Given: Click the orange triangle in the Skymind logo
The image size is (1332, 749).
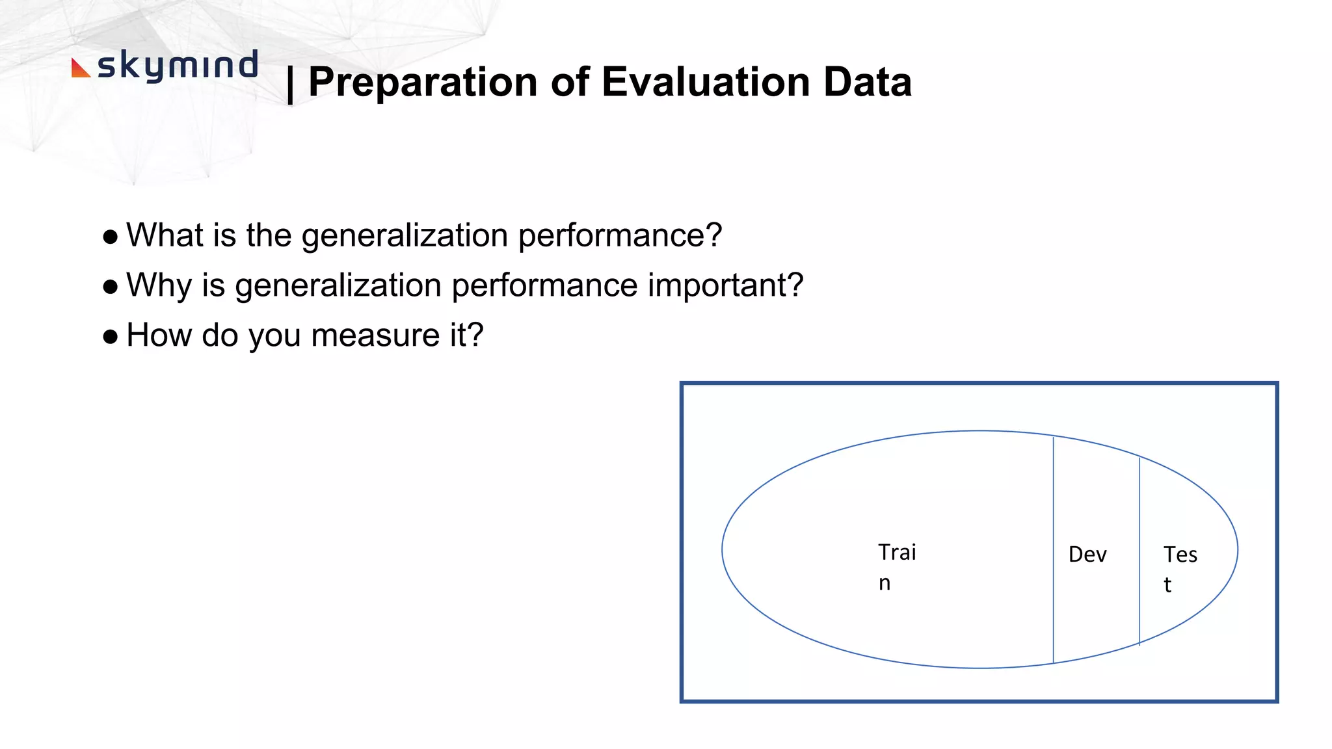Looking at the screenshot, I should point(79,68).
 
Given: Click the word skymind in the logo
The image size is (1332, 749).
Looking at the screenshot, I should point(178,66).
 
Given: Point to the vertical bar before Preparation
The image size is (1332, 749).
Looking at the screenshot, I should point(290,85).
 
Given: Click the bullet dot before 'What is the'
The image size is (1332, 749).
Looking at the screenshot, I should point(111,237).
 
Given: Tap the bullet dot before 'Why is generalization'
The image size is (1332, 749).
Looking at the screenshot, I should point(111,287).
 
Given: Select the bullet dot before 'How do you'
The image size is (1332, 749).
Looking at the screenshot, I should point(111,337).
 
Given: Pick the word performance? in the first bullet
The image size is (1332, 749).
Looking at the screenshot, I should point(620,236).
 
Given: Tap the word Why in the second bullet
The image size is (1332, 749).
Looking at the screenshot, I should point(159,286).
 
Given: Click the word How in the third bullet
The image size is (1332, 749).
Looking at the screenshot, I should point(159,335).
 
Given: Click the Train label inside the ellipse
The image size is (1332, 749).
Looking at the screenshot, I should point(896,566).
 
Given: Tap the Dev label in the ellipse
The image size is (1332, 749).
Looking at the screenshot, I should point(1087,555).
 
